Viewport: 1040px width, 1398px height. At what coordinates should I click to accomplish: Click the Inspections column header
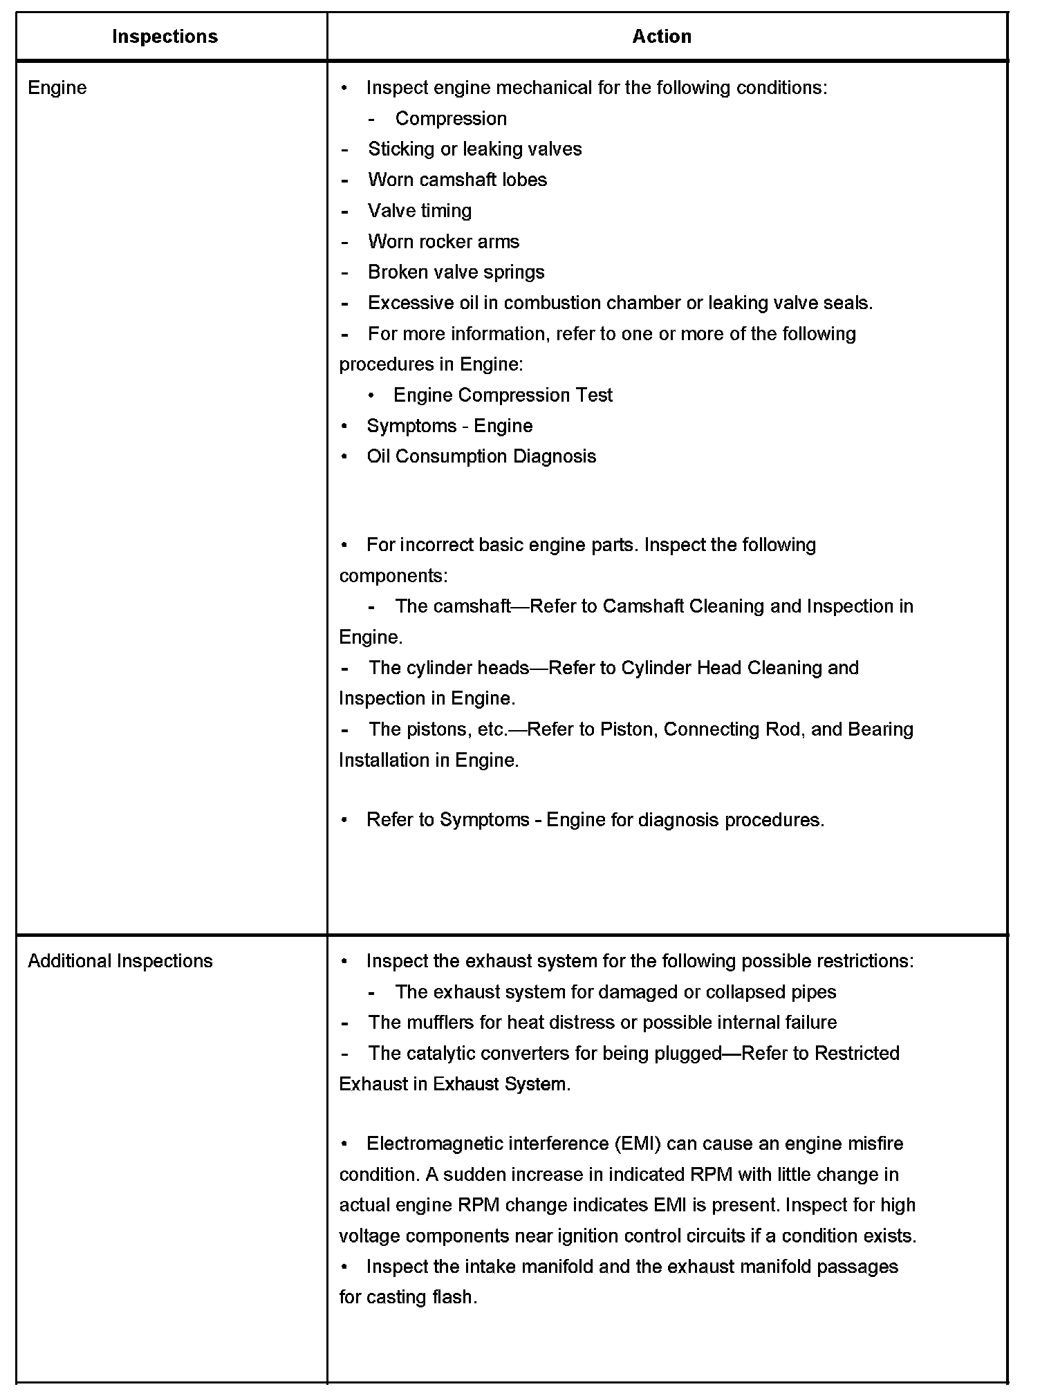point(165,37)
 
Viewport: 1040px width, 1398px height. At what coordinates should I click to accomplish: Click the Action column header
point(662,37)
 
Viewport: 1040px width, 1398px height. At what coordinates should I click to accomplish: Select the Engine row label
point(57,88)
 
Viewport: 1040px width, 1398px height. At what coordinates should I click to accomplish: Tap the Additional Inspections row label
point(120,961)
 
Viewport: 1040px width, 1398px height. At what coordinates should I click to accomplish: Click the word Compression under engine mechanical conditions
point(451,119)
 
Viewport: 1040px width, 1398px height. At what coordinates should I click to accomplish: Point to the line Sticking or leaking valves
point(474,149)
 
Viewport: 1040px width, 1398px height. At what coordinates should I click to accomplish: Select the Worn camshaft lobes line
point(457,180)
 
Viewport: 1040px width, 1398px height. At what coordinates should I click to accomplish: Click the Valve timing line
point(420,211)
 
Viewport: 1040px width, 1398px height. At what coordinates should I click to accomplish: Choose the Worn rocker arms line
point(443,241)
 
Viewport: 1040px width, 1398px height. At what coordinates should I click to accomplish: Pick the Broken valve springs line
point(456,272)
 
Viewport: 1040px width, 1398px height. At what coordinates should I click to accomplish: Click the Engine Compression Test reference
point(503,395)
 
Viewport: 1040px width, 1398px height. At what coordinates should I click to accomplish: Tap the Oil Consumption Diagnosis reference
point(481,456)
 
